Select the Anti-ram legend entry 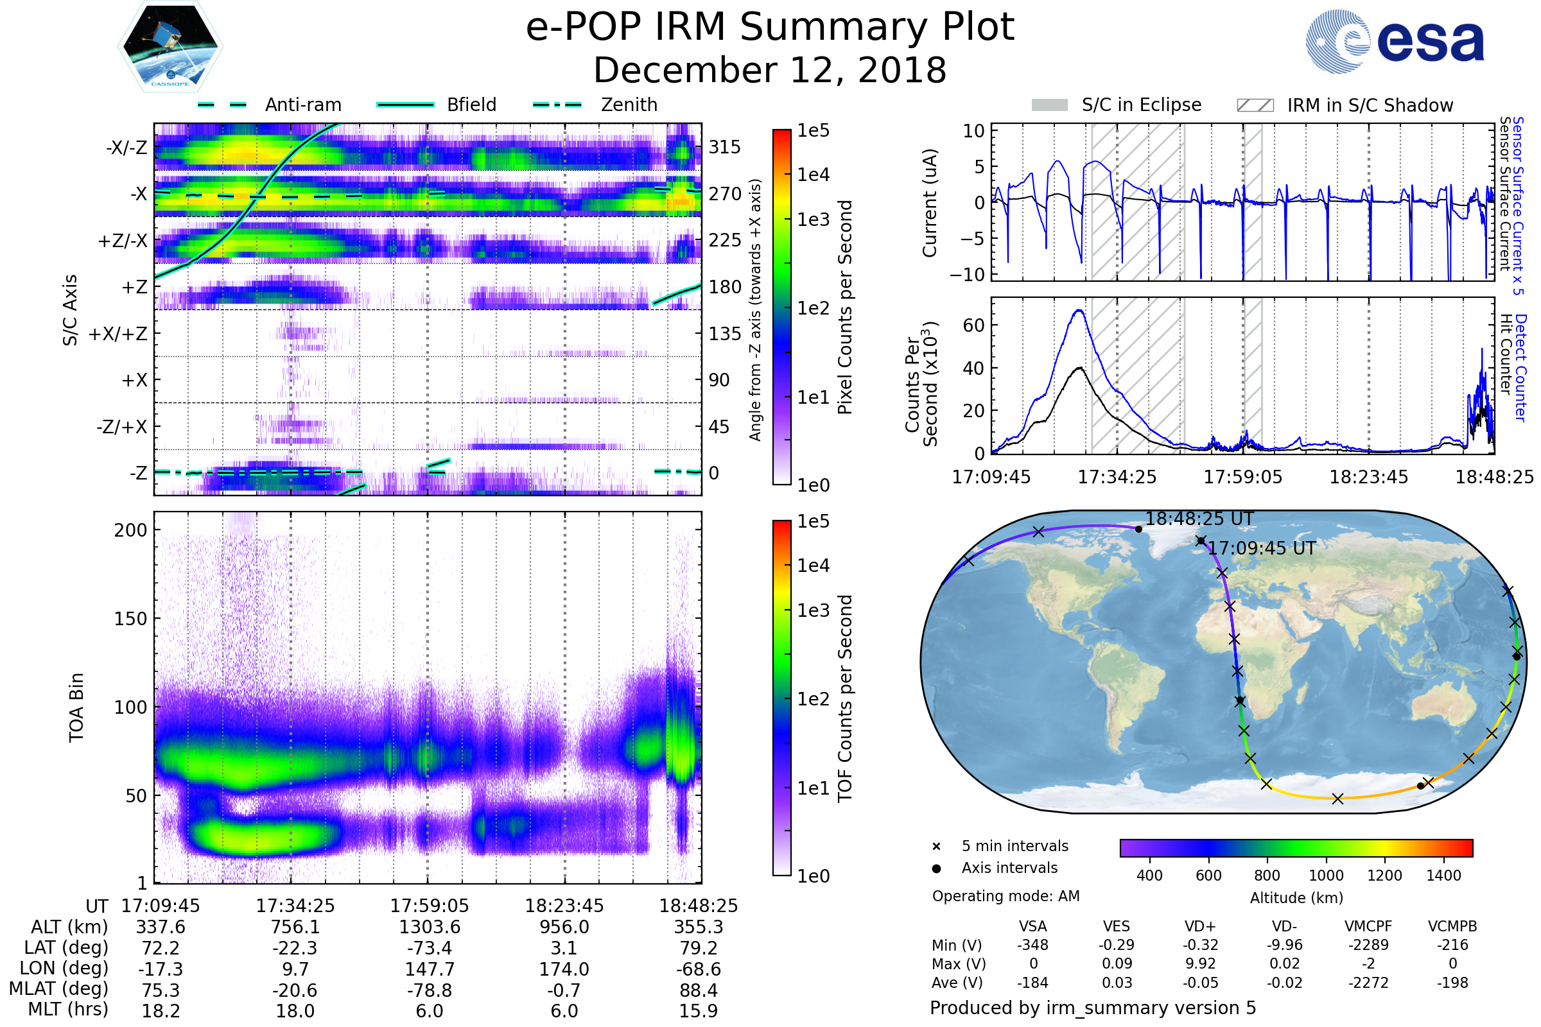[302, 105]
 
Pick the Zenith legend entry [629, 105]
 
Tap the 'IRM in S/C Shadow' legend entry [1370, 105]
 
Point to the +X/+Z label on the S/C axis [118, 334]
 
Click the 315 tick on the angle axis [725, 147]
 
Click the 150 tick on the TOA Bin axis [130, 619]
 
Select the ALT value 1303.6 [430, 928]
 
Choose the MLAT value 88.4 [699, 990]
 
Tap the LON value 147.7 [430, 969]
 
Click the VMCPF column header [1368, 927]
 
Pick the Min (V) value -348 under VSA [1032, 945]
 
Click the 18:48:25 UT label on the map [1199, 519]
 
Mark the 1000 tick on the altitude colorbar [1326, 876]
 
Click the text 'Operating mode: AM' [1006, 896]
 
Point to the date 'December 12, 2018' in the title [770, 70]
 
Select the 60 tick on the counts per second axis [973, 325]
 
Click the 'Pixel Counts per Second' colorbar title [845, 307]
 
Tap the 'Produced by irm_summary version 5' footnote [1093, 1008]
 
